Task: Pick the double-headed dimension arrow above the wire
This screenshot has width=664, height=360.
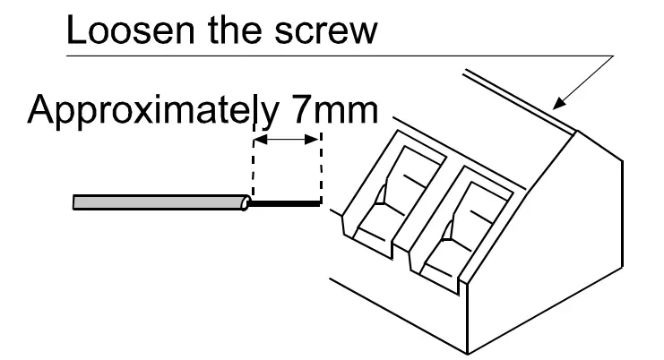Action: coord(287,140)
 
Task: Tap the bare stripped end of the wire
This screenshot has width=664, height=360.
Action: coord(285,203)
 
